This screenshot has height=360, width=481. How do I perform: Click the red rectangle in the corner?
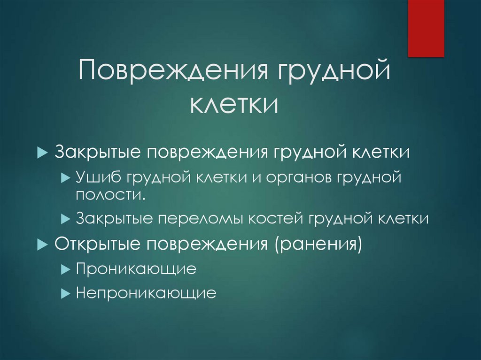click(x=426, y=28)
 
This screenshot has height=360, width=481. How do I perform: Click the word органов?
click(x=294, y=177)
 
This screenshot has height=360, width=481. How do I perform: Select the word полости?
click(x=109, y=194)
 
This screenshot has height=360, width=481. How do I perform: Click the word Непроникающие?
click(x=146, y=293)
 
